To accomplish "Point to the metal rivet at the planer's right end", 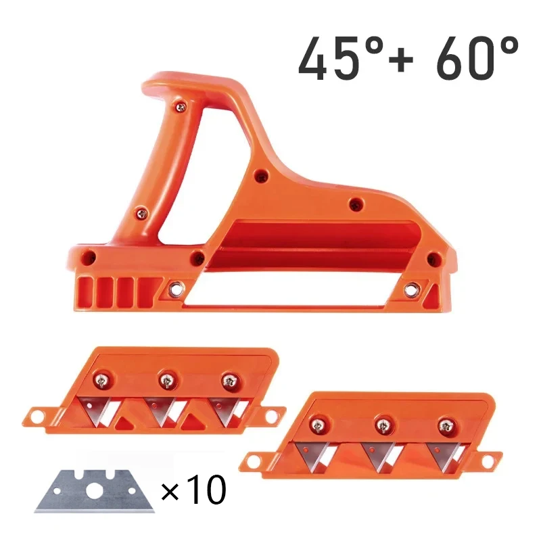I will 409,289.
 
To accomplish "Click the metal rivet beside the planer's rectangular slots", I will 177,288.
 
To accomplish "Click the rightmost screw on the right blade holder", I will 444,425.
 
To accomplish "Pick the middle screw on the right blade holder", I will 381,425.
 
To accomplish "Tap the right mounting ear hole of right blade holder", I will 488,458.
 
